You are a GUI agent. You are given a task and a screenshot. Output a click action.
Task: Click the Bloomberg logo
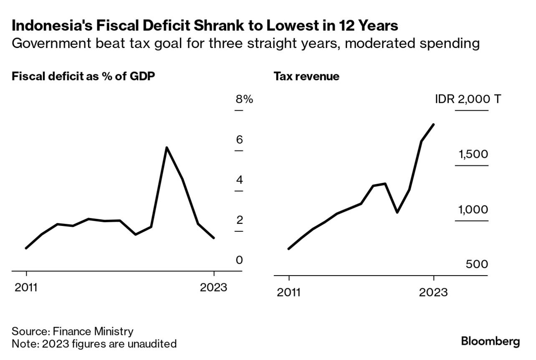point(490,341)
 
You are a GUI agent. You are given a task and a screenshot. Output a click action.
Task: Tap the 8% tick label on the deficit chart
point(244,99)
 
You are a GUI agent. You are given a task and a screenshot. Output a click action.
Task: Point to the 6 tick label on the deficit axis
point(239,139)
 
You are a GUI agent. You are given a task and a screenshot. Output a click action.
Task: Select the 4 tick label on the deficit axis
point(239,180)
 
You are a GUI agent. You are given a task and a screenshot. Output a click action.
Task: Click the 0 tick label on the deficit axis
point(239,260)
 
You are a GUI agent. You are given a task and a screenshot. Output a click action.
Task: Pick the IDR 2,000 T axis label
point(468,100)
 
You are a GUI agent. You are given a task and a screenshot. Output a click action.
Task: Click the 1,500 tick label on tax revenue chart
point(473,155)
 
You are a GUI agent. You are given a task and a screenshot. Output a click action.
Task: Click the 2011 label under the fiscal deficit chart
point(26,288)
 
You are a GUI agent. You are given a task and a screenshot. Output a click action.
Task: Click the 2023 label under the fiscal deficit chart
point(213,288)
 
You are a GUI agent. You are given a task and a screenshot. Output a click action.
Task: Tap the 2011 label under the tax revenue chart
point(288,292)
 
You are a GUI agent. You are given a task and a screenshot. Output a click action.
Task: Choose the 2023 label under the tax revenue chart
point(434,292)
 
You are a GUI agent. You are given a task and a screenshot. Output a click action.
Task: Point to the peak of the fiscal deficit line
point(167,147)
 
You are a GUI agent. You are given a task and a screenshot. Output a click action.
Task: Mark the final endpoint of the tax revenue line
point(434,124)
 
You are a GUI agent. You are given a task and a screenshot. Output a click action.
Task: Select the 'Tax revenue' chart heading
point(306,76)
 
